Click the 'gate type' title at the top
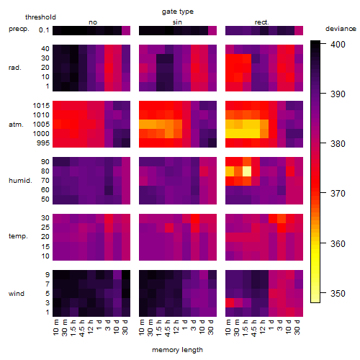pyautogui.click(x=178, y=12)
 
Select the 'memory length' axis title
pyautogui.click(x=177, y=350)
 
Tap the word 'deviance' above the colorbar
pyautogui.click(x=341, y=29)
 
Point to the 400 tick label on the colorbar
pyautogui.click(x=338, y=45)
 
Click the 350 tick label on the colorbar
pyautogui.click(x=338, y=293)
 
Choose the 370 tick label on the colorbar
pyautogui.click(x=338, y=193)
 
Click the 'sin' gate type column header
pyautogui.click(x=177, y=22)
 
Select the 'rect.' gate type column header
pyautogui.click(x=261, y=22)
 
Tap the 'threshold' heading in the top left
pyautogui.click(x=40, y=17)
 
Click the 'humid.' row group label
pyautogui.click(x=20, y=181)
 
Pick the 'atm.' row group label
pyautogui.click(x=16, y=125)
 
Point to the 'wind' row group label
pyautogui.click(x=17, y=294)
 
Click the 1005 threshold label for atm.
pyautogui.click(x=41, y=125)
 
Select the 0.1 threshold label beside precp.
pyautogui.click(x=44, y=30)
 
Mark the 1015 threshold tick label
pyautogui.click(x=41, y=106)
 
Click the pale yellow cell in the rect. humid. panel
pyautogui.click(x=247, y=171)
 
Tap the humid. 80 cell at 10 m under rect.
pyautogui.click(x=230, y=171)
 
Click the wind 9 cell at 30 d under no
pyautogui.click(x=126, y=275)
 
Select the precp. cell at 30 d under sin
pyautogui.click(x=212, y=31)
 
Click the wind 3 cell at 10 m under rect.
pyautogui.click(x=230, y=303)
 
